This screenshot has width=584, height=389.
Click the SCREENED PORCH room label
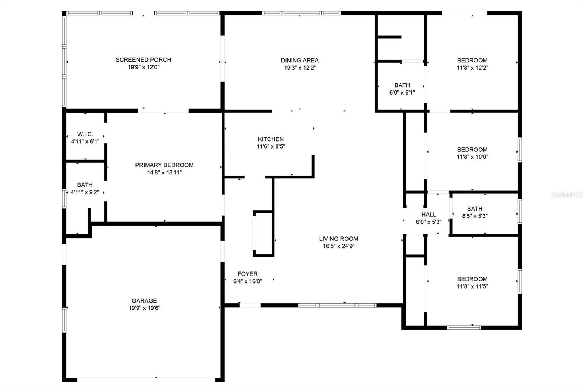[x=143, y=60]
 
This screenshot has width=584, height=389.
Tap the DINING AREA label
[x=300, y=60]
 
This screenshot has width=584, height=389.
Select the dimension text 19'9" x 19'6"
[x=145, y=308]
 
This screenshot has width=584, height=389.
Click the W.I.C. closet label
[x=85, y=134]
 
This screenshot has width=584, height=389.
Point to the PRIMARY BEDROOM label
[x=164, y=165]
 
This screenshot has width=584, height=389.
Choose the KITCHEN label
[x=270, y=139]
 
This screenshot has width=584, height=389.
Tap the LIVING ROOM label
[x=339, y=239]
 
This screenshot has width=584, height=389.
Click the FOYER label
[x=247, y=274]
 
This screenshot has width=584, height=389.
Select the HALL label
[x=429, y=215]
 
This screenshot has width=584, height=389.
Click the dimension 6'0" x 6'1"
[x=402, y=93]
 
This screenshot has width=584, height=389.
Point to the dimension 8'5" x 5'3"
[x=475, y=216]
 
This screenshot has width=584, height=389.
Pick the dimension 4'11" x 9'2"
[x=85, y=192]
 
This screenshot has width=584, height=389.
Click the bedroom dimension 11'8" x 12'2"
[x=472, y=68]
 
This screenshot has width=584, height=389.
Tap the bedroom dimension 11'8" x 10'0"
[x=472, y=157]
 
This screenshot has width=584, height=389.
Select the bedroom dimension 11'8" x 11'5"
[x=472, y=286]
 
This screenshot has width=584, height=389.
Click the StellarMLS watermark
[x=567, y=194]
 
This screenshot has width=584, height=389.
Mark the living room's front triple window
[x=337, y=305]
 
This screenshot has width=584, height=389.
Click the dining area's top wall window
[x=301, y=13]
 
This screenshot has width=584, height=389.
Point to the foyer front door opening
[x=250, y=305]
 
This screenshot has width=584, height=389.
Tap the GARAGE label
[x=144, y=300]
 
